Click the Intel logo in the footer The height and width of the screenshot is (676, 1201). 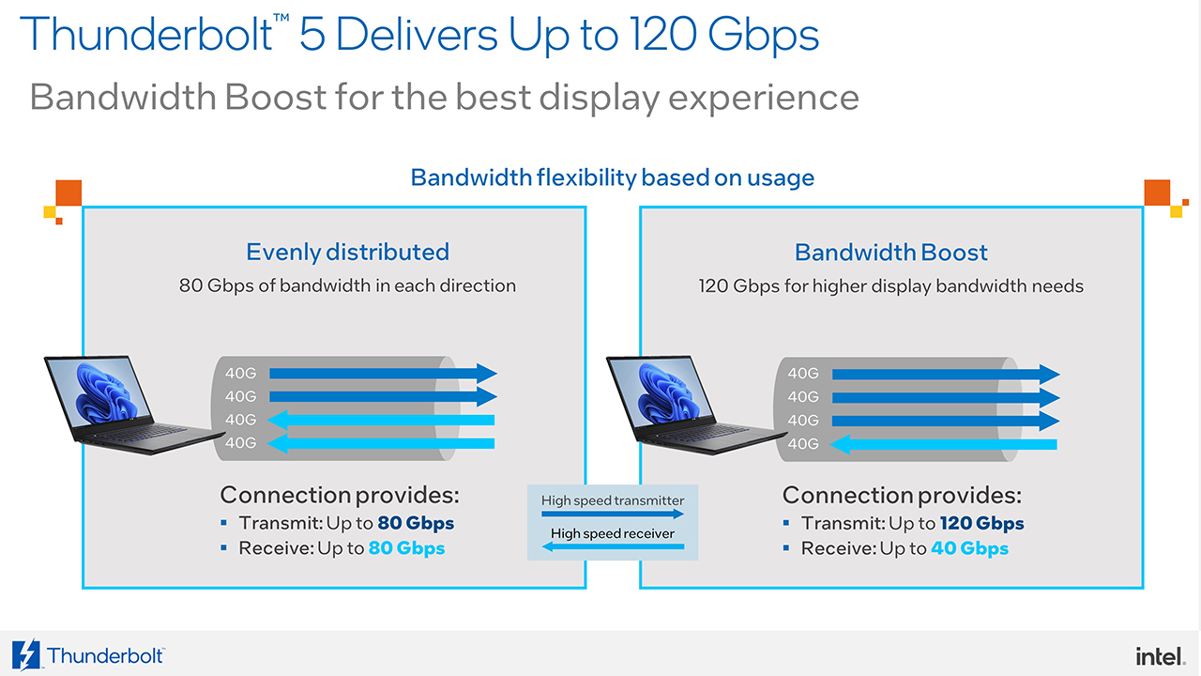point(1161,656)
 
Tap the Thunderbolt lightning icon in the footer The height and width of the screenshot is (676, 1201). point(25,654)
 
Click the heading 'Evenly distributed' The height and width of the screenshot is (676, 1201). point(347,253)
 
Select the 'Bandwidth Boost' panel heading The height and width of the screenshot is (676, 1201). point(890,253)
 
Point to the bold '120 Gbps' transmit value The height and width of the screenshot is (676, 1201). point(981,524)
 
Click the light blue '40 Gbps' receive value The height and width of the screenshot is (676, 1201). point(969,549)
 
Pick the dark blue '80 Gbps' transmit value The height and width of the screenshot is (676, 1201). point(416,523)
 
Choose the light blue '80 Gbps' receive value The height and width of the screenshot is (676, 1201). point(406,548)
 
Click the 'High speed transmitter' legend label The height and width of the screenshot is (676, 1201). point(613,500)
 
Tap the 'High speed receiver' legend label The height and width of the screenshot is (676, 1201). point(613,533)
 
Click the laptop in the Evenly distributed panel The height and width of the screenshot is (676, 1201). point(134,405)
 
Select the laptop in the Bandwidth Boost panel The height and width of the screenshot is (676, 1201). point(696,405)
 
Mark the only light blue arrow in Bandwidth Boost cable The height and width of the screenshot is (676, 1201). point(943,444)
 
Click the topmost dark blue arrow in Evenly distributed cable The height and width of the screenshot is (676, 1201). point(383,374)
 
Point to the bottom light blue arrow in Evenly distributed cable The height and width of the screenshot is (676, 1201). point(381,443)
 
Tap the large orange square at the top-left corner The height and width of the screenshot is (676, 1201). point(68,192)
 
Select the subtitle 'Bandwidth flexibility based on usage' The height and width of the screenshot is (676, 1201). point(613,177)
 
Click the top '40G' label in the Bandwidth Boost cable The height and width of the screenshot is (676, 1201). point(802,374)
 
